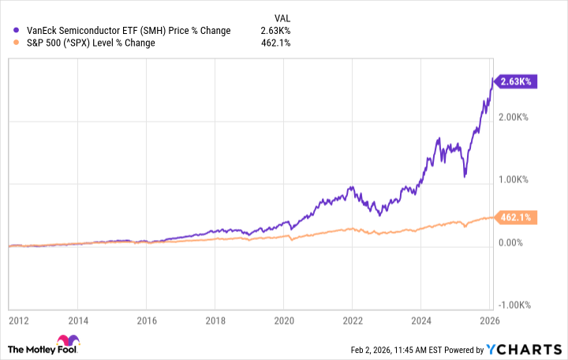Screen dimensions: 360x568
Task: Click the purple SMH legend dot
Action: [17, 31]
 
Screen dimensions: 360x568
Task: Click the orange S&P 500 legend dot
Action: [17, 43]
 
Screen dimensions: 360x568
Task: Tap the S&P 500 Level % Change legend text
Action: [90, 43]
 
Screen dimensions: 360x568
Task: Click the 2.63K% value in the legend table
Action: [276, 31]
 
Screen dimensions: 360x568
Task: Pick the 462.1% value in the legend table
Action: [276, 43]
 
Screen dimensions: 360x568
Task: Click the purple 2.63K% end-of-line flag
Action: [517, 80]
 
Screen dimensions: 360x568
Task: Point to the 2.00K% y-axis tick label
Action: [518, 117]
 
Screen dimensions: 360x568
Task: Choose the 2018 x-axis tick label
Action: [215, 321]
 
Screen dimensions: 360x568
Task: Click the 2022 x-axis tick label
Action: [353, 321]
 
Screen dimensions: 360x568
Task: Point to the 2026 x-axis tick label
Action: [489, 321]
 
